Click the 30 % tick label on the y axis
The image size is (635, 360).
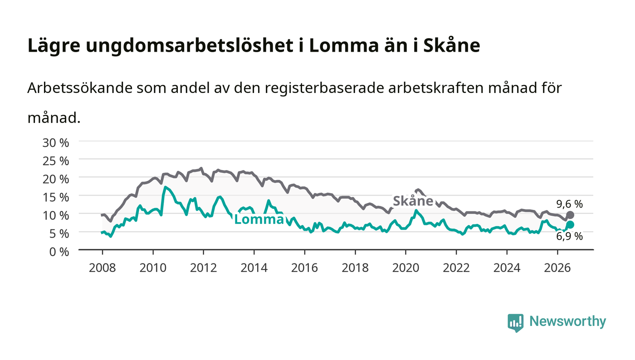pos(55,142)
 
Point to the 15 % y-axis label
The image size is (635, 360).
pos(55,197)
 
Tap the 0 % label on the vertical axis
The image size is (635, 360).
pos(59,252)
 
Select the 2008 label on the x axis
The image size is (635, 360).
pos(103,268)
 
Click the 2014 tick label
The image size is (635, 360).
pos(254,268)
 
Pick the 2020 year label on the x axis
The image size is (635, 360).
pos(405,268)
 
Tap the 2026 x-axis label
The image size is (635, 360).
pos(557,268)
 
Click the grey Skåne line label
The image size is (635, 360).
pos(413,201)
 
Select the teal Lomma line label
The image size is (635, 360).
pos(259,219)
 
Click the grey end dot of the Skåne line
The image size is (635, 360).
pos(571,215)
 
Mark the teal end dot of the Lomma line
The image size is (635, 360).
pos(571,224)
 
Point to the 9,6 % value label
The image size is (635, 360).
pos(569,204)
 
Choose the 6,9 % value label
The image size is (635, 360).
pos(569,236)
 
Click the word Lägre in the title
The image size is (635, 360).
pos(54,45)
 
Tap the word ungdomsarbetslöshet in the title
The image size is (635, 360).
pos(190,45)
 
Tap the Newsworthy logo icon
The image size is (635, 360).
pos(516,323)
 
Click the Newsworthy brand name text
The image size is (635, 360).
pos(567,321)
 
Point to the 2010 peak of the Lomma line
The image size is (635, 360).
pos(165,187)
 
